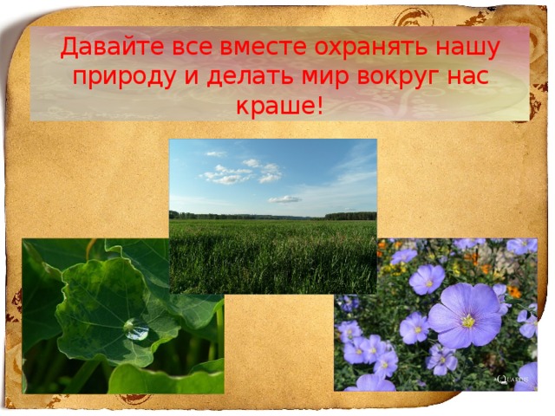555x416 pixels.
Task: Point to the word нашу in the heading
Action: point(467,49)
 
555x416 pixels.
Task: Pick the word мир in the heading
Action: point(326,78)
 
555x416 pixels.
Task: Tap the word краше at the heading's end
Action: point(275,106)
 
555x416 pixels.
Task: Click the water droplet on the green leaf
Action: point(136,329)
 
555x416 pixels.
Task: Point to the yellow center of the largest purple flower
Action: point(468,322)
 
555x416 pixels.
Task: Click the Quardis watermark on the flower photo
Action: point(512,380)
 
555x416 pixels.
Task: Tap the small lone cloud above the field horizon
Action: point(284,199)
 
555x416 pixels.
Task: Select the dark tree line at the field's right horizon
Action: point(350,216)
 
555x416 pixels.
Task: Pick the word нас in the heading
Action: point(467,78)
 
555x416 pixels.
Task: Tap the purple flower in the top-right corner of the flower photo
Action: point(522,246)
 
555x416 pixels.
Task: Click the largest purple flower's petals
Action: point(465,316)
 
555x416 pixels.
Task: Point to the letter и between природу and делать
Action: point(191,78)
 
